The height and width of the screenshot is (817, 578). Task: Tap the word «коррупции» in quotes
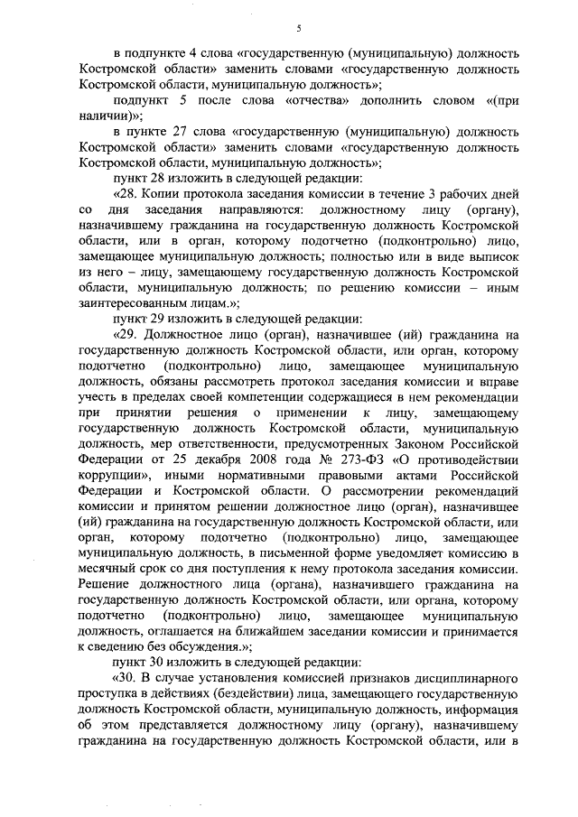click(x=112, y=475)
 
